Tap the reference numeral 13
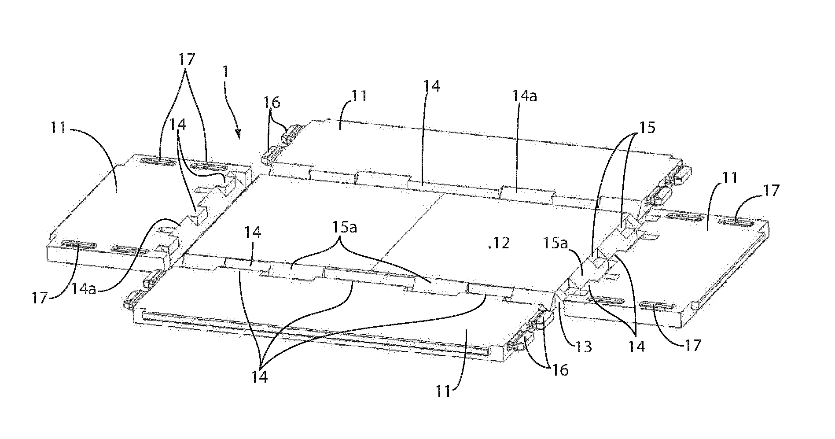[x=582, y=347]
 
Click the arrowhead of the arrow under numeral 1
[x=239, y=135]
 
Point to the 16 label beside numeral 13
[x=559, y=370]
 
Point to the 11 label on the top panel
[x=359, y=96]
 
